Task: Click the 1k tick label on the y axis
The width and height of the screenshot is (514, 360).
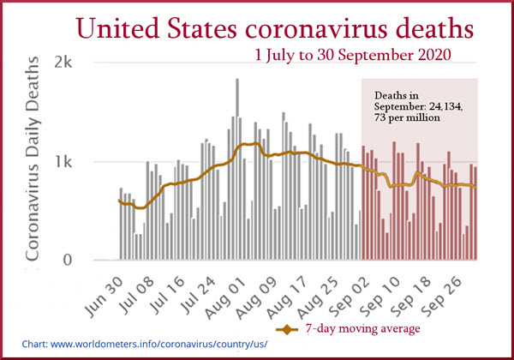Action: pos(68,162)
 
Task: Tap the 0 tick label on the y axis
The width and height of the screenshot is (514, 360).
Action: pos(75,261)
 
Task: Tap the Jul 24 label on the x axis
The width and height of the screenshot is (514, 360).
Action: pos(225,291)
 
